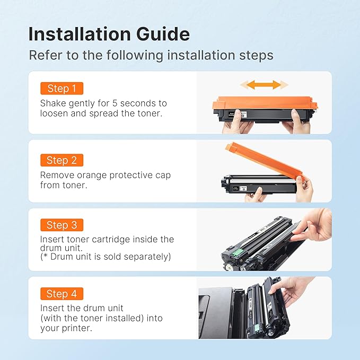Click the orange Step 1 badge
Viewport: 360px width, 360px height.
[62, 89]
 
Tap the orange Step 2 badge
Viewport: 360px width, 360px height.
[62, 160]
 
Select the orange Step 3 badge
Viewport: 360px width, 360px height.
[62, 225]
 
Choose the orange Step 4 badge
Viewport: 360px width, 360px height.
[62, 294]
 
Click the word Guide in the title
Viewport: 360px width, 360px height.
[163, 34]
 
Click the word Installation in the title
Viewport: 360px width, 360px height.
[80, 34]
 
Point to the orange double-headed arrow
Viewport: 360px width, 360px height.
[264, 85]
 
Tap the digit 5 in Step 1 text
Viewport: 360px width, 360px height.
[115, 103]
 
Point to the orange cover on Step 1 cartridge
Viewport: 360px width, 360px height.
[265, 103]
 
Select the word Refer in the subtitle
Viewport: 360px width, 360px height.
[46, 55]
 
